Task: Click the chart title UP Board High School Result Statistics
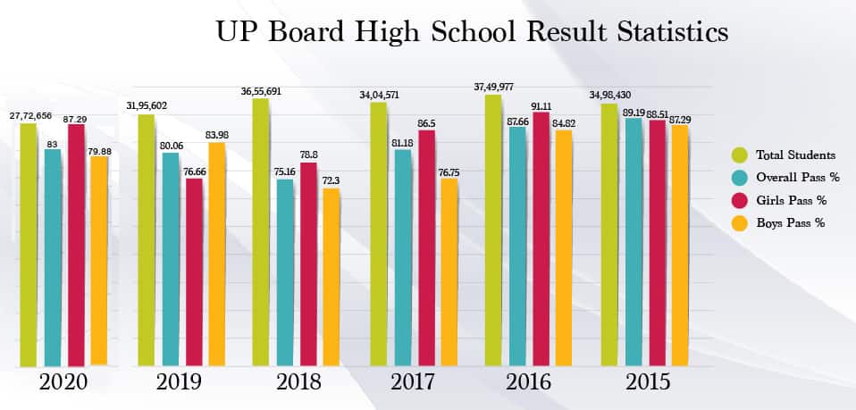pyautogui.click(x=473, y=32)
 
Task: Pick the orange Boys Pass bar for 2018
pyautogui.click(x=331, y=276)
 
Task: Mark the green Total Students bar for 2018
pyautogui.click(x=261, y=231)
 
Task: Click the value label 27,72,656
pyautogui.click(x=31, y=115)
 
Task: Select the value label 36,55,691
pyautogui.click(x=261, y=91)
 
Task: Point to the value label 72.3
pyautogui.click(x=331, y=181)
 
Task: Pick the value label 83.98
pyautogui.click(x=216, y=135)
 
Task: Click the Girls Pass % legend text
pyautogui.click(x=790, y=200)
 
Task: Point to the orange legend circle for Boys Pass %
pyautogui.click(x=740, y=223)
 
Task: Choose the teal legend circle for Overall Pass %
pyautogui.click(x=740, y=177)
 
